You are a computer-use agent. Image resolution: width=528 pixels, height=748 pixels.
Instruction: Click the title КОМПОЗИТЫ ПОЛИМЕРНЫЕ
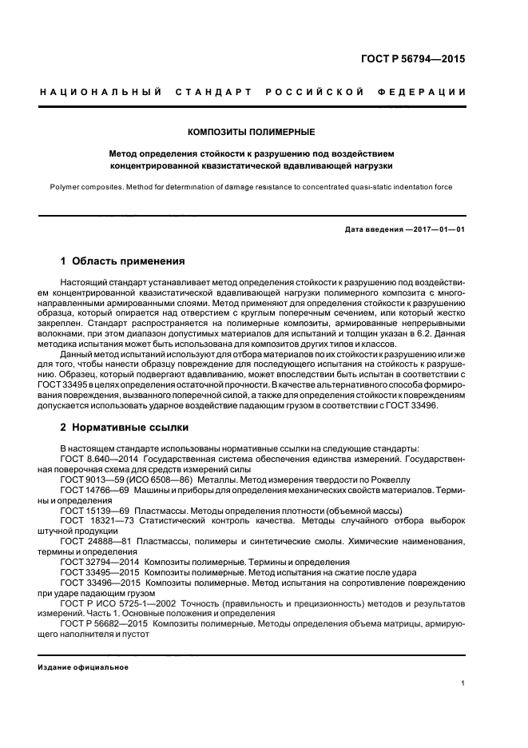pyautogui.click(x=251, y=131)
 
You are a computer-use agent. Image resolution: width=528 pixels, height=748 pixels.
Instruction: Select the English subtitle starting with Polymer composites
pyautogui.click(x=251, y=187)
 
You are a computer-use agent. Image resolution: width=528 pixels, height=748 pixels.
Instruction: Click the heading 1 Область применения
pyautogui.click(x=123, y=261)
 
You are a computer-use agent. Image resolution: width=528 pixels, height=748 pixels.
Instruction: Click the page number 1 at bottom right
pyautogui.click(x=463, y=683)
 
